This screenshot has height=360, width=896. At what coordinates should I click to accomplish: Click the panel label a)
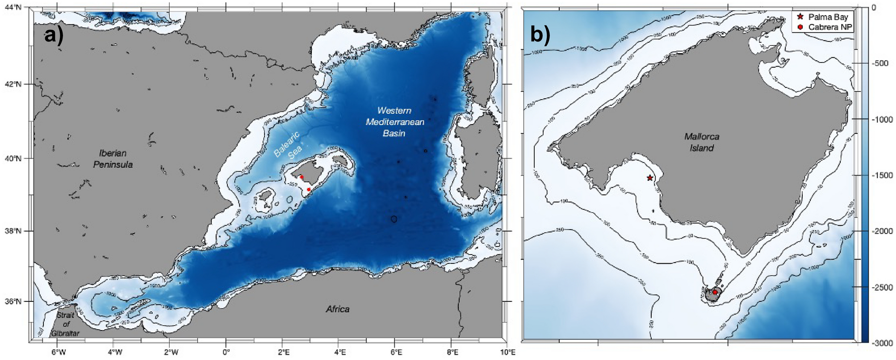[54, 34]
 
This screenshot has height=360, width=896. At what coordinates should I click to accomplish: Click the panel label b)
[540, 34]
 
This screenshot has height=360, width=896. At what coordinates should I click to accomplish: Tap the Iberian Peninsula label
[113, 159]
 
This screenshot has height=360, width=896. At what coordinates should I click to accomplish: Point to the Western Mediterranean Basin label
[394, 121]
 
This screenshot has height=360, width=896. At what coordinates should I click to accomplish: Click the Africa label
[337, 309]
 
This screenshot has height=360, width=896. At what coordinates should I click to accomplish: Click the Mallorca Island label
[702, 142]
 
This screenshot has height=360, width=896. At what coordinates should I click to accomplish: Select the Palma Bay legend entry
[828, 17]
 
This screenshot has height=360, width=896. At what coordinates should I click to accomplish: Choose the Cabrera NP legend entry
[830, 27]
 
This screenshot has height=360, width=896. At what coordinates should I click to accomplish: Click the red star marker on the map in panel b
[650, 178]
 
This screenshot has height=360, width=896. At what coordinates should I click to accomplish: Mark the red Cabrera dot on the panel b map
[715, 292]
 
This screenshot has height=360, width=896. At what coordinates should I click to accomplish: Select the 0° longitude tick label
[226, 352]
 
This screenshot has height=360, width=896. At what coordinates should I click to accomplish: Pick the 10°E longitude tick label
[507, 352]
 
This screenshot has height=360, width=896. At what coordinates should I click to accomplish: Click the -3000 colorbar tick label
[879, 343]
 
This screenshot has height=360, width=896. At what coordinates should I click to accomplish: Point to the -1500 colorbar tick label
[879, 175]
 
